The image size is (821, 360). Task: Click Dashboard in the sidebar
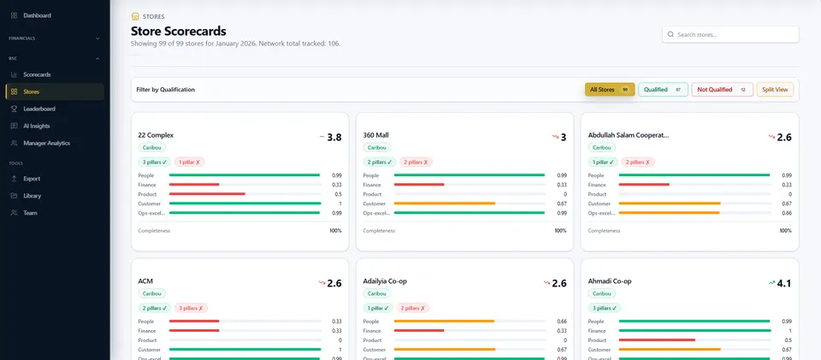click(x=37, y=15)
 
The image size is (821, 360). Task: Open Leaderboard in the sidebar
click(x=39, y=109)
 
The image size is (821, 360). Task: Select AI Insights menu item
click(x=37, y=126)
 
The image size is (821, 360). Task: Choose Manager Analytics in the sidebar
click(x=46, y=143)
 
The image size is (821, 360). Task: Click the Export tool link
click(x=32, y=179)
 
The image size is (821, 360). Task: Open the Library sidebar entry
click(x=32, y=196)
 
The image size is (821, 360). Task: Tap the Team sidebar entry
click(x=30, y=213)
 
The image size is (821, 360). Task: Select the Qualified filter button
click(x=663, y=90)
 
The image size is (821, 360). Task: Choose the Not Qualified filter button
click(x=722, y=90)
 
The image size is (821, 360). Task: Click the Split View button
click(x=775, y=90)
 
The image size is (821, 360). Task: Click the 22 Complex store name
click(x=156, y=135)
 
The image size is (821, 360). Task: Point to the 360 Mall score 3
click(x=563, y=138)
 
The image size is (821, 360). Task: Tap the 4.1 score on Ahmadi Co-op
click(x=784, y=283)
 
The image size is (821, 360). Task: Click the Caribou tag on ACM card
click(x=152, y=293)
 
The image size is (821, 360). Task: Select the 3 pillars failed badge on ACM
click(x=191, y=308)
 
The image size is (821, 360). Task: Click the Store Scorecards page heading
click(x=178, y=31)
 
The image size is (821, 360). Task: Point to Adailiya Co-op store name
click(x=385, y=281)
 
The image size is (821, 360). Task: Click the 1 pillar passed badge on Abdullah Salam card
click(x=603, y=162)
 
